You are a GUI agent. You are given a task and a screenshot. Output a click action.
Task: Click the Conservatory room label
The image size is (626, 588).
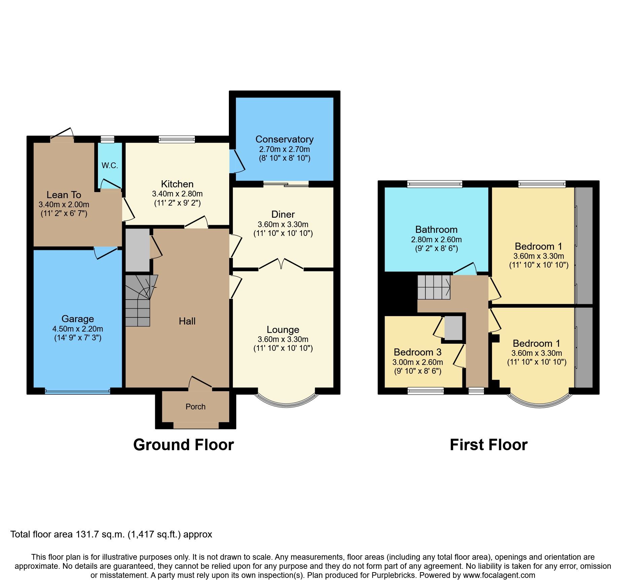coord(284,139)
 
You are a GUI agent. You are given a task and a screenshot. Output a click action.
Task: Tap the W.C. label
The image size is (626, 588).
coord(110,165)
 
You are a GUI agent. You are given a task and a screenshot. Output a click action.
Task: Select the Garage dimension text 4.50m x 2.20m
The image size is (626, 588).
coord(77,329)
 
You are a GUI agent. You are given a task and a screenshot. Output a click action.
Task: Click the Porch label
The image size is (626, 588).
coord(195,407)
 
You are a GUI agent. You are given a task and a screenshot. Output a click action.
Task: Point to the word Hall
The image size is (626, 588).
coord(187,321)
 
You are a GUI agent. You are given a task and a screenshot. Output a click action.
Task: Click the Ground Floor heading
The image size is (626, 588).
coord(183,445)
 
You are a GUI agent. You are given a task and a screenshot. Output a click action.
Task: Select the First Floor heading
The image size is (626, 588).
coord(488,445)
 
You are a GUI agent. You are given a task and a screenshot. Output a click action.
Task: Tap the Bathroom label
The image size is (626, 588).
coord(436,229)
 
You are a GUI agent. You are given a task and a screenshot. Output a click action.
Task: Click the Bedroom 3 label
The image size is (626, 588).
coord(417,352)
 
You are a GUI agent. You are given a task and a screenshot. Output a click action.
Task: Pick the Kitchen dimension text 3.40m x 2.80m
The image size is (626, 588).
coord(177,194)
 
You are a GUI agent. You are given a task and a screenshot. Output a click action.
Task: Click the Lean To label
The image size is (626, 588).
coord(64,195)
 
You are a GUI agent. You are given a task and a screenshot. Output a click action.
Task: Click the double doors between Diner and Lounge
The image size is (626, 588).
coord(281,264)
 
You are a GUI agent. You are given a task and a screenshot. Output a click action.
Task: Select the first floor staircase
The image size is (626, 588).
coord(434,287)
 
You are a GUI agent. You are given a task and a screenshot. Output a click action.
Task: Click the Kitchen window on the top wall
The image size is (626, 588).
coord(177,139)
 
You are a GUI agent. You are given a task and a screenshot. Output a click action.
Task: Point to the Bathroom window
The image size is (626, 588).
coord(434,184)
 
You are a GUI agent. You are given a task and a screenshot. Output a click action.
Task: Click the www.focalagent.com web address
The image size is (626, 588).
coord(499,575)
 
